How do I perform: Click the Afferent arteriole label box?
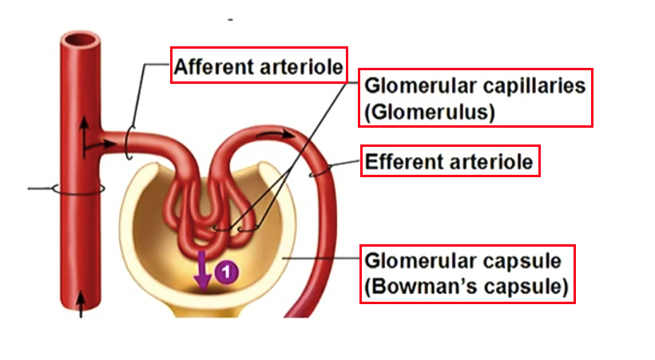(x=259, y=66)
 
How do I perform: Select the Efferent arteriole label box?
(x=450, y=162)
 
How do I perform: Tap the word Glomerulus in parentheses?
(x=430, y=113)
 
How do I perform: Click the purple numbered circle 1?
(x=227, y=272)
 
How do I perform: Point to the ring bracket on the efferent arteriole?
(x=320, y=169)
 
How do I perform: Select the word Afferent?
(x=212, y=66)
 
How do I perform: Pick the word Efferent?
(x=403, y=162)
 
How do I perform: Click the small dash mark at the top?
(x=230, y=18)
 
